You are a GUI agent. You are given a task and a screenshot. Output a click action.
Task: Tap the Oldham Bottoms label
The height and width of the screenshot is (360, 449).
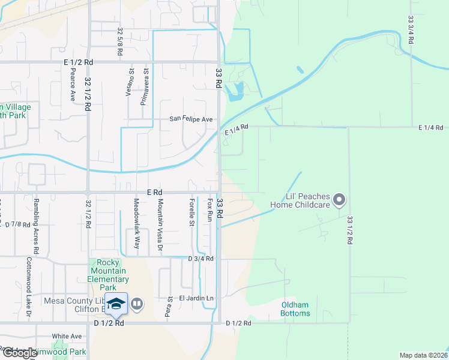click(296, 309)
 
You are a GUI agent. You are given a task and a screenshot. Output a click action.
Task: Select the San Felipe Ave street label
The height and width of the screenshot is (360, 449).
click(191, 119)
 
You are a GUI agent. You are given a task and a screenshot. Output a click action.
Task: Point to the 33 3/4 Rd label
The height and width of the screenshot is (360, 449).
click(411, 30)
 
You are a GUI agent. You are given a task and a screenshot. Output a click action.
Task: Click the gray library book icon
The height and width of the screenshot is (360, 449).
click(137, 304)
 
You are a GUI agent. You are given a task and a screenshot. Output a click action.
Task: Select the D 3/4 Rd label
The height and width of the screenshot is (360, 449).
click(200, 259)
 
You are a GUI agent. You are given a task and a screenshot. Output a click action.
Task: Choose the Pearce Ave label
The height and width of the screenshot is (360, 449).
click(73, 83)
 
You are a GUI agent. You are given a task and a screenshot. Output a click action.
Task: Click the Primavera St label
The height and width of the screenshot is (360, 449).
click(144, 86)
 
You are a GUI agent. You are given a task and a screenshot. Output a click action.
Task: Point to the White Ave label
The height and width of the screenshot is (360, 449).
click(67, 336)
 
